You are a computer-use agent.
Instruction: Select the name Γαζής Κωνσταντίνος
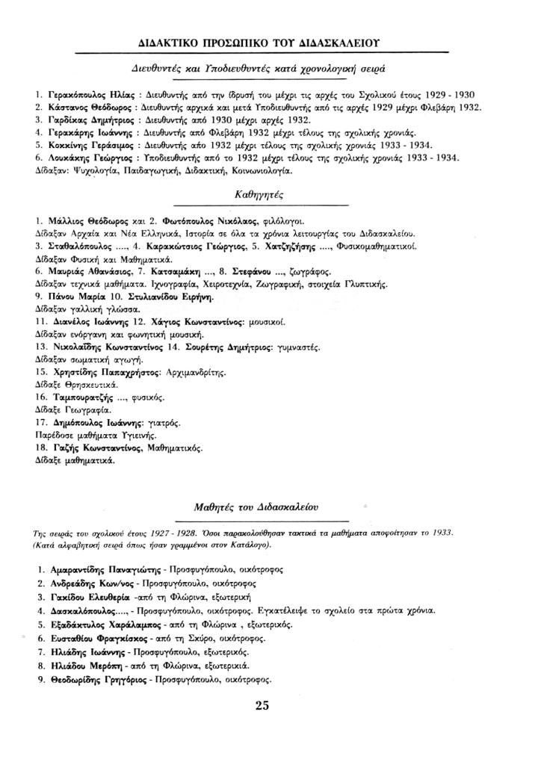click(105, 448)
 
